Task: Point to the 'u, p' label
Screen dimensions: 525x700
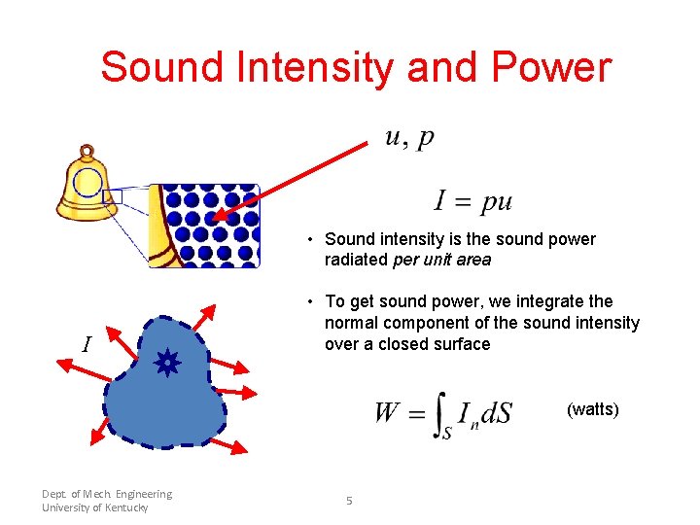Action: (x=409, y=138)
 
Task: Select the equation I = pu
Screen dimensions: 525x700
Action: (x=472, y=201)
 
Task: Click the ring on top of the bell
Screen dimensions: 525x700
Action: (x=87, y=153)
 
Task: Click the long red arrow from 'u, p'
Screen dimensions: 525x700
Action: (x=292, y=180)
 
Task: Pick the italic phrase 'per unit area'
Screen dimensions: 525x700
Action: (x=442, y=260)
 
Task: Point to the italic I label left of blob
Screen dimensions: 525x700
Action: (x=87, y=344)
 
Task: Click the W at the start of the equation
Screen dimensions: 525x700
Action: (x=388, y=413)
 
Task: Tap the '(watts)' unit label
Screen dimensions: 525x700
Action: (x=592, y=409)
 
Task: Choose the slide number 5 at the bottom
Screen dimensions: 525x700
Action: (x=349, y=501)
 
